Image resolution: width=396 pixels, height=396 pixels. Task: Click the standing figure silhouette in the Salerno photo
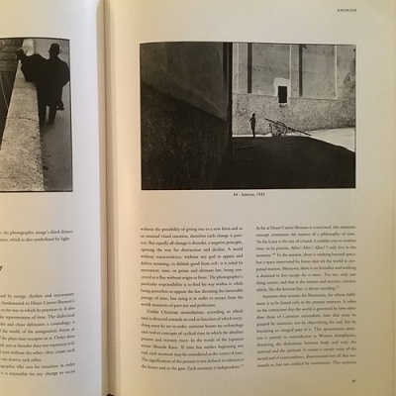(x=251, y=124)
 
